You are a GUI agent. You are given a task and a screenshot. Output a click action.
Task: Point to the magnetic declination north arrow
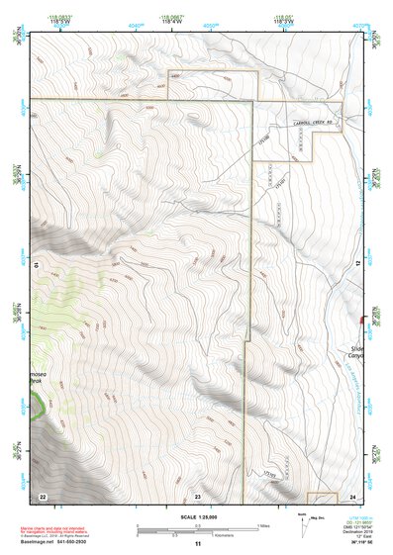click(303, 523)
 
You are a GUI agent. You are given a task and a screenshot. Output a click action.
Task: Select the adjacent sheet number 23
click(197, 495)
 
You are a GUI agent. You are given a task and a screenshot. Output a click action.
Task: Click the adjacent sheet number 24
click(352, 495)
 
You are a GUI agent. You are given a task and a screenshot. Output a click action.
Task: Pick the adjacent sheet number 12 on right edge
click(358, 264)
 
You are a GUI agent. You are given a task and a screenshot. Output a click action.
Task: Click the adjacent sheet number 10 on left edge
click(37, 264)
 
